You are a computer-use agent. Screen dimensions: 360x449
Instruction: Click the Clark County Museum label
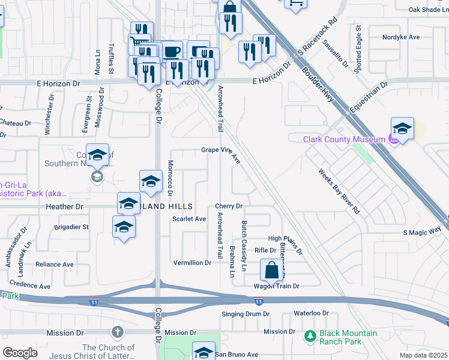point(343,139)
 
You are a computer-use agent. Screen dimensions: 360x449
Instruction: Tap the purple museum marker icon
point(393,140)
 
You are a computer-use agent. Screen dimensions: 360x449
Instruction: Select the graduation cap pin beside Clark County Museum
point(402,128)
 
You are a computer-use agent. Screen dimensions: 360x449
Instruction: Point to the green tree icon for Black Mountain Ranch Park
point(310,337)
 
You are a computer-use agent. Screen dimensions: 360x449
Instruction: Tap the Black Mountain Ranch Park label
point(348,337)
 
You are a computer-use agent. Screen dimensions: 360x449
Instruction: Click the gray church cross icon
point(117,332)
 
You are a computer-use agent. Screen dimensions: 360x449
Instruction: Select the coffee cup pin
point(172,52)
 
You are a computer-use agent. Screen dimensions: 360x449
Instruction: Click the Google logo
point(20,352)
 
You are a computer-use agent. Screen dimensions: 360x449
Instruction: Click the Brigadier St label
point(71,227)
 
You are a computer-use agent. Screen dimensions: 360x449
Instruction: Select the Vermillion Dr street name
point(192,263)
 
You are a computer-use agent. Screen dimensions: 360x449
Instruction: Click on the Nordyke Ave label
point(401,37)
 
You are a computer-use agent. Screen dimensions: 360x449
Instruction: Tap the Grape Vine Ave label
point(221,154)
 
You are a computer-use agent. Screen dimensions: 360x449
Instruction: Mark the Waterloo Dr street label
point(312,313)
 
